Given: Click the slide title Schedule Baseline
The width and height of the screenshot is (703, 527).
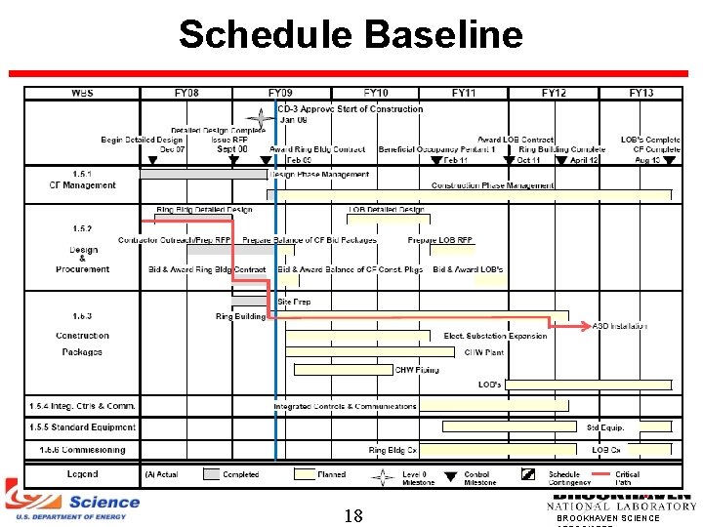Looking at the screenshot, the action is coord(351,35).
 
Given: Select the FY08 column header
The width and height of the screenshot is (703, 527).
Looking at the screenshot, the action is coord(186,93).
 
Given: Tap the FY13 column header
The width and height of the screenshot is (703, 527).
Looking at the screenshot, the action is coord(641,93).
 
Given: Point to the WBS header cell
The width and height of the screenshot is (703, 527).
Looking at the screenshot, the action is coord(83,93).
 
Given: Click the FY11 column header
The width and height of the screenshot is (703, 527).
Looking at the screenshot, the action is coord(464,93).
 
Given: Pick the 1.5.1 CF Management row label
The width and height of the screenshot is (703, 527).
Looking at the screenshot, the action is coord(83,180).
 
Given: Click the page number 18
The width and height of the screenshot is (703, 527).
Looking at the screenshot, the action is coord(353,515).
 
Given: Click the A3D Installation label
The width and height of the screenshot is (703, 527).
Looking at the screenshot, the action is coord(620,326).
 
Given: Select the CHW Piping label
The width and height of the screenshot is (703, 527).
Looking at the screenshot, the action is coord(417,370).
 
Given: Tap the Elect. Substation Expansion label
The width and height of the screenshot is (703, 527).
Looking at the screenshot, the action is coord(496,337).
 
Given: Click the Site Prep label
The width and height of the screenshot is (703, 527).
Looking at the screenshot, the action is coord(294,303).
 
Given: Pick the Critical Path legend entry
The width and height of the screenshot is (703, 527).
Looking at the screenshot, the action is coord(627,478).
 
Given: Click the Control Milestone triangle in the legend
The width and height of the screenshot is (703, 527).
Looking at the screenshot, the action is coord(450,476).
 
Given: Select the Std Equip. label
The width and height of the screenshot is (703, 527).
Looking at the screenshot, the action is coord(605,427).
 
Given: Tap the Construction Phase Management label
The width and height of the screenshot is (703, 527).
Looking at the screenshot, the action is coord(492,185).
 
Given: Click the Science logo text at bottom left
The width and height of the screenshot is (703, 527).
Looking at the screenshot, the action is coord(103,502).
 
